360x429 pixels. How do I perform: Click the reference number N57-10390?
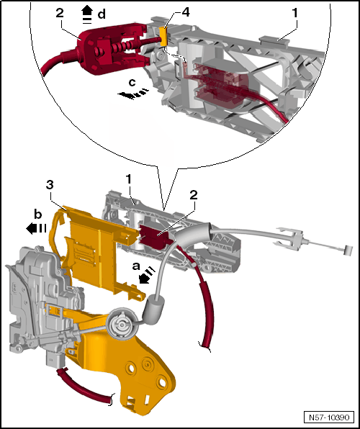[329, 417]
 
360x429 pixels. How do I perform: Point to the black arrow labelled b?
[36, 228]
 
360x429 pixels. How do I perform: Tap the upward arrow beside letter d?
[88, 14]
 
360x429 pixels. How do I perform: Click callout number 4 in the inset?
[186, 12]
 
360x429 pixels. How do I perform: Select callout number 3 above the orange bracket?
[50, 185]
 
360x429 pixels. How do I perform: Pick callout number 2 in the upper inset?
[60, 14]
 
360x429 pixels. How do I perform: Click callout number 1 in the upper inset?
[295, 14]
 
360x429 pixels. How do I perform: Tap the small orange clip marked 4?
[163, 37]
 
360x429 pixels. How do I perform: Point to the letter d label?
[102, 14]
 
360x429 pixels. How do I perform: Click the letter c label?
[132, 83]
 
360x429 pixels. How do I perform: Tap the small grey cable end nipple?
[348, 250]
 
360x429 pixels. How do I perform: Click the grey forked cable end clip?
[291, 237]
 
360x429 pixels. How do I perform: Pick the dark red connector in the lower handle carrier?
[155, 236]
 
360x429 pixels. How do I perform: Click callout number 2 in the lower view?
[193, 195]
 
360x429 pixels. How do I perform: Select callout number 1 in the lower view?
[128, 180]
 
